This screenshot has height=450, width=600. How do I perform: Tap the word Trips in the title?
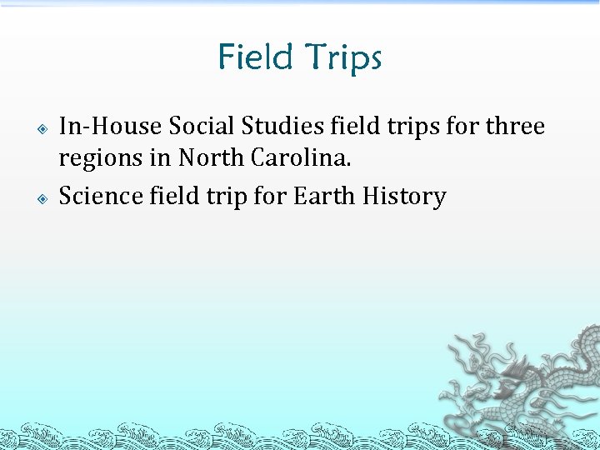(342, 59)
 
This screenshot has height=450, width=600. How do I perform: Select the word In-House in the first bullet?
(110, 127)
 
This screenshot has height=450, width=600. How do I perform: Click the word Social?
(201, 127)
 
